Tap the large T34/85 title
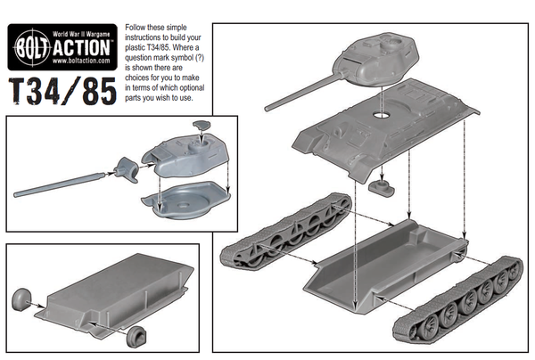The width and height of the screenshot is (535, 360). pos(61,92)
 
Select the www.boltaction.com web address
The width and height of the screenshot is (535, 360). pos(82,61)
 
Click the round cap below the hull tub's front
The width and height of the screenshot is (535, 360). pos(136,335)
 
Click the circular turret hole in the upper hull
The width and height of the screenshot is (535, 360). pos(384,116)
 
